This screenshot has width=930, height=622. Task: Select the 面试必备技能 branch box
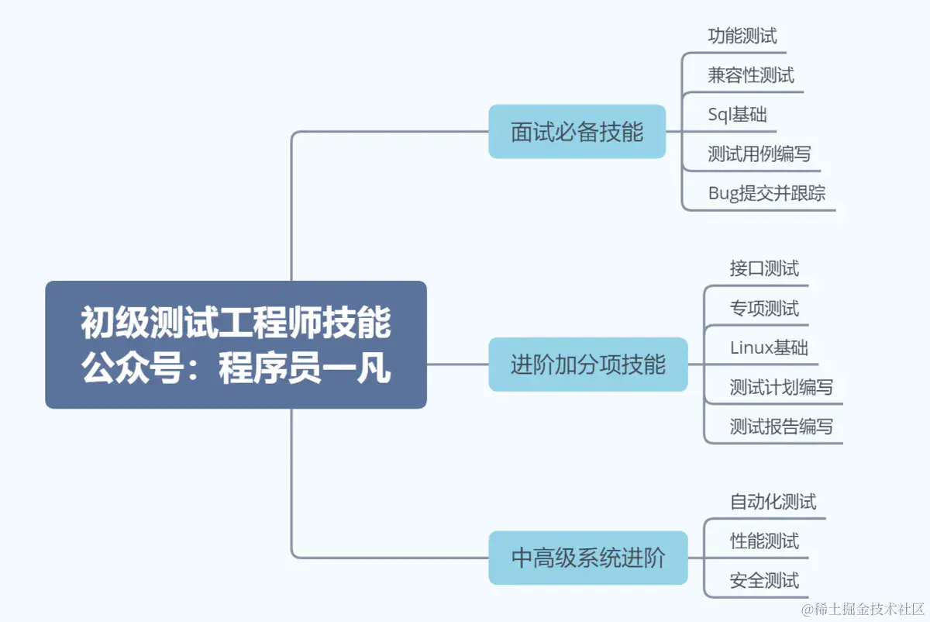click(577, 132)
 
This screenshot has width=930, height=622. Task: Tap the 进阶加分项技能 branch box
click(587, 365)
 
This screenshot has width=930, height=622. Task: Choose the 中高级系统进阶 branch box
click(587, 558)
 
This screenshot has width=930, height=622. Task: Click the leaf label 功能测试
click(742, 36)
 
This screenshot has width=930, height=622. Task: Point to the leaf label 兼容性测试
click(750, 75)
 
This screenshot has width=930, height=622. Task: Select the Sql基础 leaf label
click(737, 115)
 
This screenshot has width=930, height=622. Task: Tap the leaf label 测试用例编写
click(759, 154)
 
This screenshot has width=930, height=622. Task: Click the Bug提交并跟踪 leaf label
click(766, 193)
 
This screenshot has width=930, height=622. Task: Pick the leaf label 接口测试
click(764, 268)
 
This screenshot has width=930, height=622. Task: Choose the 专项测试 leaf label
click(764, 308)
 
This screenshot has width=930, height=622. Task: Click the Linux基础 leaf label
click(769, 347)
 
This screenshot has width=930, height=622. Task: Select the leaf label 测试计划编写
click(781, 386)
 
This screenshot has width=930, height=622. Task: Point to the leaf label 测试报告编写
click(781, 426)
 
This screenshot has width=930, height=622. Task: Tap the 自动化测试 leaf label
click(773, 502)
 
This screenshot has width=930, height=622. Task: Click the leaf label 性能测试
click(764, 541)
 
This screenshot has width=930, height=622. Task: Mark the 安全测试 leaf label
click(764, 580)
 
